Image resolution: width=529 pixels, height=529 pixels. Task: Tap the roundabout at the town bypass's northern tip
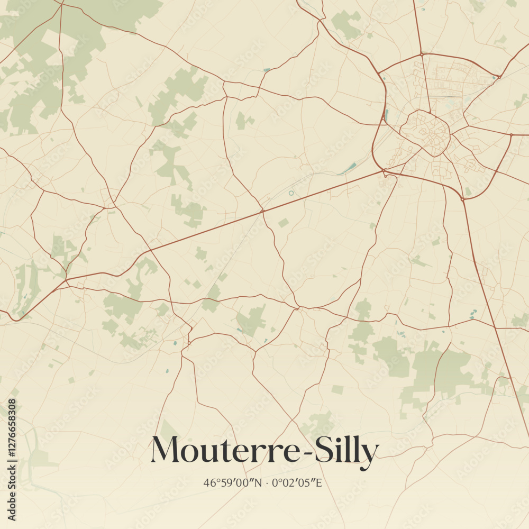point(421,54)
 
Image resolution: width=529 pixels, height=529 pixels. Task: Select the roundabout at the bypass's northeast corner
point(498,77)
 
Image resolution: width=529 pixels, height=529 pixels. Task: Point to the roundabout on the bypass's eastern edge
point(512,135)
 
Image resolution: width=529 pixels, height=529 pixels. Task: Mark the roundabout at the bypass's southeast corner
point(463,199)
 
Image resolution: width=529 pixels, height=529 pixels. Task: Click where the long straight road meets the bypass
point(384,171)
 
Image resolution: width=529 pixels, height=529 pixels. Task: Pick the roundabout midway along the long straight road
point(262,211)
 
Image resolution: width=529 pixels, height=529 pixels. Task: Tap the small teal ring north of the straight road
point(291,193)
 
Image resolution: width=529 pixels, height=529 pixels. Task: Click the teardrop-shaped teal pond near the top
point(266,70)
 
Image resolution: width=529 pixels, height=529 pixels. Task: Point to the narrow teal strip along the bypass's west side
point(386,114)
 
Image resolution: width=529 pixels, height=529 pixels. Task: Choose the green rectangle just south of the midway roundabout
point(284,223)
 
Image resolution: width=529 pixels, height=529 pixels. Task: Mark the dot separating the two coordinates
point(267,483)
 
